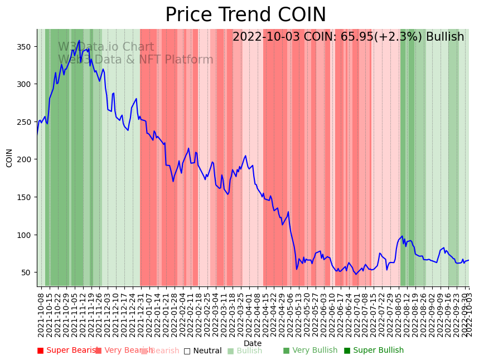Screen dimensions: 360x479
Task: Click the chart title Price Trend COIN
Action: point(245,15)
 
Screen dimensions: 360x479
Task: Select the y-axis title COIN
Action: point(9,158)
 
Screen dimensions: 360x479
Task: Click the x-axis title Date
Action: point(253,344)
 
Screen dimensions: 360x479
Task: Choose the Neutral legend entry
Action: point(203,351)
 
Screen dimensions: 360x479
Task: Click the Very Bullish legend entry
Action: point(311,351)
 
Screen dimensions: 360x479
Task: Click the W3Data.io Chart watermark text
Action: point(106,47)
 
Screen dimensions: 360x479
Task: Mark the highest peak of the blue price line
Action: point(79,40)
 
